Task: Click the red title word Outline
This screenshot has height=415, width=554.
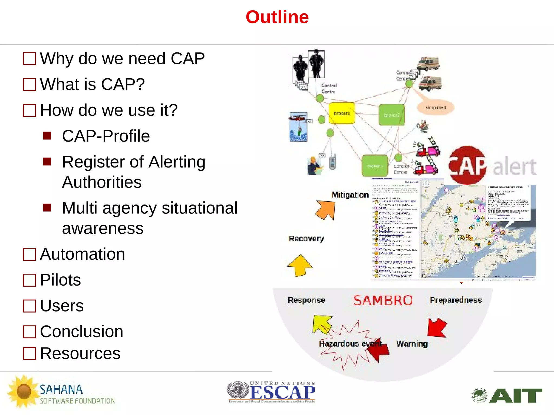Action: click(x=277, y=17)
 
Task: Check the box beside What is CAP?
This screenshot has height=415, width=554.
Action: click(x=29, y=85)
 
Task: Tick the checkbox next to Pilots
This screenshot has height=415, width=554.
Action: click(x=29, y=280)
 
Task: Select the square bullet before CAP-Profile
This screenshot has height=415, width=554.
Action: click(x=47, y=136)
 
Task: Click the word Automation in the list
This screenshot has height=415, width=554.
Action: click(x=83, y=254)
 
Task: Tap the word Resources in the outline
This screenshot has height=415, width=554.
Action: click(x=80, y=353)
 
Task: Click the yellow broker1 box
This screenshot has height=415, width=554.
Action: click(x=342, y=113)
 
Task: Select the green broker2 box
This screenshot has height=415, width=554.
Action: click(x=391, y=115)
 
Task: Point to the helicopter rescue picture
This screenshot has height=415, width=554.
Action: click(x=298, y=127)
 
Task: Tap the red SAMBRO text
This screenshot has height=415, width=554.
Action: click(x=383, y=300)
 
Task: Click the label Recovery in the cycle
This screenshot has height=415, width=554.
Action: click(x=306, y=239)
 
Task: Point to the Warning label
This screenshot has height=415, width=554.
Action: click(x=412, y=344)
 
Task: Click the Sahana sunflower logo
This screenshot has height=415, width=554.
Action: click(x=24, y=391)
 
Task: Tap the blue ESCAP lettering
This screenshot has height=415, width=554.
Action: click(x=282, y=392)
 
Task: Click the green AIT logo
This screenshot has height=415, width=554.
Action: click(x=507, y=396)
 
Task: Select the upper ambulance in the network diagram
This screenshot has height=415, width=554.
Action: click(x=428, y=64)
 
